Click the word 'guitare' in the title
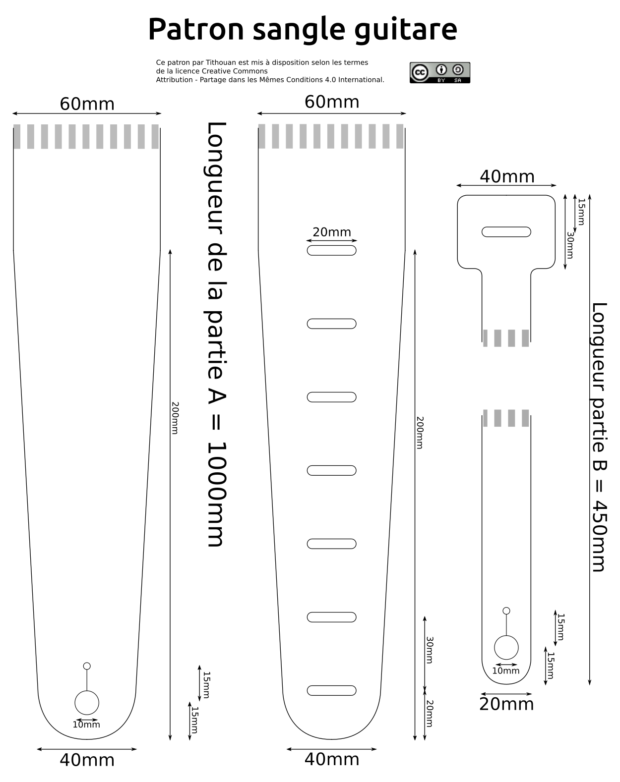coord(405,29)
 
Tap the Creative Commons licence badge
coord(439,72)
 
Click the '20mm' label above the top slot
coord(331,232)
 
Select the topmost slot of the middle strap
coord(331,250)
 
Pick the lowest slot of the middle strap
coord(331,690)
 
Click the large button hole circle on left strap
coord(87,703)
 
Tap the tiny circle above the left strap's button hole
coord(87,666)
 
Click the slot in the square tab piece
coord(506,231)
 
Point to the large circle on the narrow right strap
coord(506,648)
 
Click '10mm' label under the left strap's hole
coord(86,725)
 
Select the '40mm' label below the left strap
coord(87,760)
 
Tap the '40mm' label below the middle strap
coord(331,759)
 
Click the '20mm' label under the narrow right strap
coord(506,704)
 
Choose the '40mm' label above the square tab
coord(507,176)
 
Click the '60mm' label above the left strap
coord(87,104)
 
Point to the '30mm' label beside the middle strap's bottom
coord(430,650)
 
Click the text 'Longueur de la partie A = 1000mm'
coord(216,334)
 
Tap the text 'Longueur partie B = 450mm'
coord(599,437)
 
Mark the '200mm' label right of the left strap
coord(175,418)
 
